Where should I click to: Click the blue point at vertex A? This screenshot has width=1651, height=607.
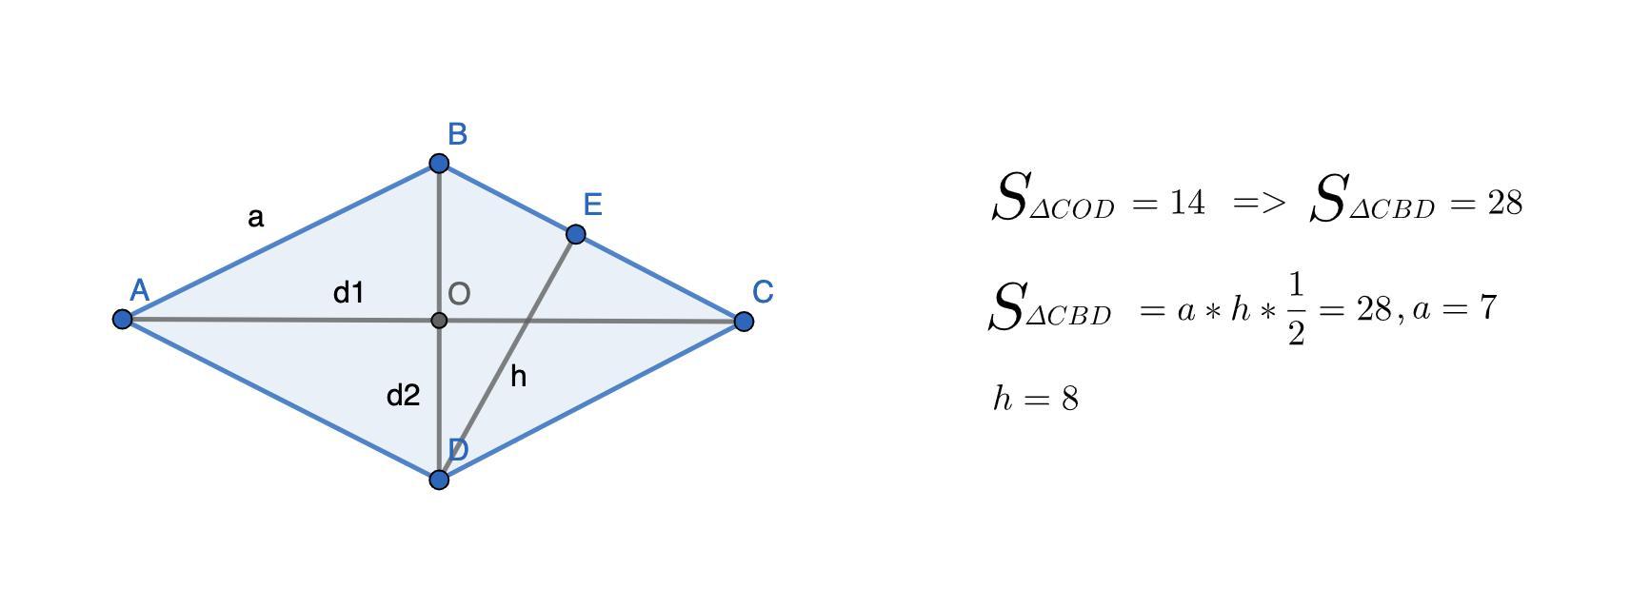coord(122,319)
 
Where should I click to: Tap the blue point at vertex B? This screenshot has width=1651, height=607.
coord(439,164)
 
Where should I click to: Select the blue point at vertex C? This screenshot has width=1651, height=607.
coord(745,322)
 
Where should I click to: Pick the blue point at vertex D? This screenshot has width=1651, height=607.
coord(439,479)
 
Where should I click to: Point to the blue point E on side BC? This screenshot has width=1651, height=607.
coord(575,234)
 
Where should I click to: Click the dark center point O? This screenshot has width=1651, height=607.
coord(439,321)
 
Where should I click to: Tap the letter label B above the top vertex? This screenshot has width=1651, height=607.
coord(457,135)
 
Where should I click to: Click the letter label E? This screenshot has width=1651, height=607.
coord(592,205)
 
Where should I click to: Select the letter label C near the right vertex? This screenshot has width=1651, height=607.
coord(763,292)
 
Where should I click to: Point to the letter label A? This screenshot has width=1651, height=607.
coord(139,290)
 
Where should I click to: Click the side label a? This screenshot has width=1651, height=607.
coord(255,218)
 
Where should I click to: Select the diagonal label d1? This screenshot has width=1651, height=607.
coord(348,293)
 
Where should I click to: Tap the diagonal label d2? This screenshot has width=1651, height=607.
coord(403,395)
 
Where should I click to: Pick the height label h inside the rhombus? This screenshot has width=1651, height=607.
coord(518,377)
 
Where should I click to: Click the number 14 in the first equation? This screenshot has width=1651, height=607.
coord(1186,203)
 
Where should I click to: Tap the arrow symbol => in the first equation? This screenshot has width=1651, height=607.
coord(1259,203)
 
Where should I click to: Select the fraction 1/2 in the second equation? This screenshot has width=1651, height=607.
coord(1295,309)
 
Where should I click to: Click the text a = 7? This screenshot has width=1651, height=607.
coord(1455,308)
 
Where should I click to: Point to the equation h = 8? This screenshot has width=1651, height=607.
coord(1036,398)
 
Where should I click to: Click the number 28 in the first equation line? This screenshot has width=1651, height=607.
coord(1504,203)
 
